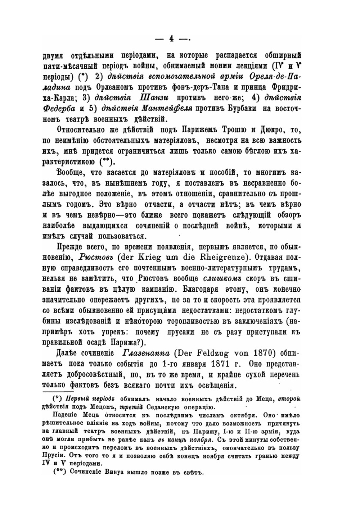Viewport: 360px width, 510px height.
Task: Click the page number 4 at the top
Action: [x=171, y=38]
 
